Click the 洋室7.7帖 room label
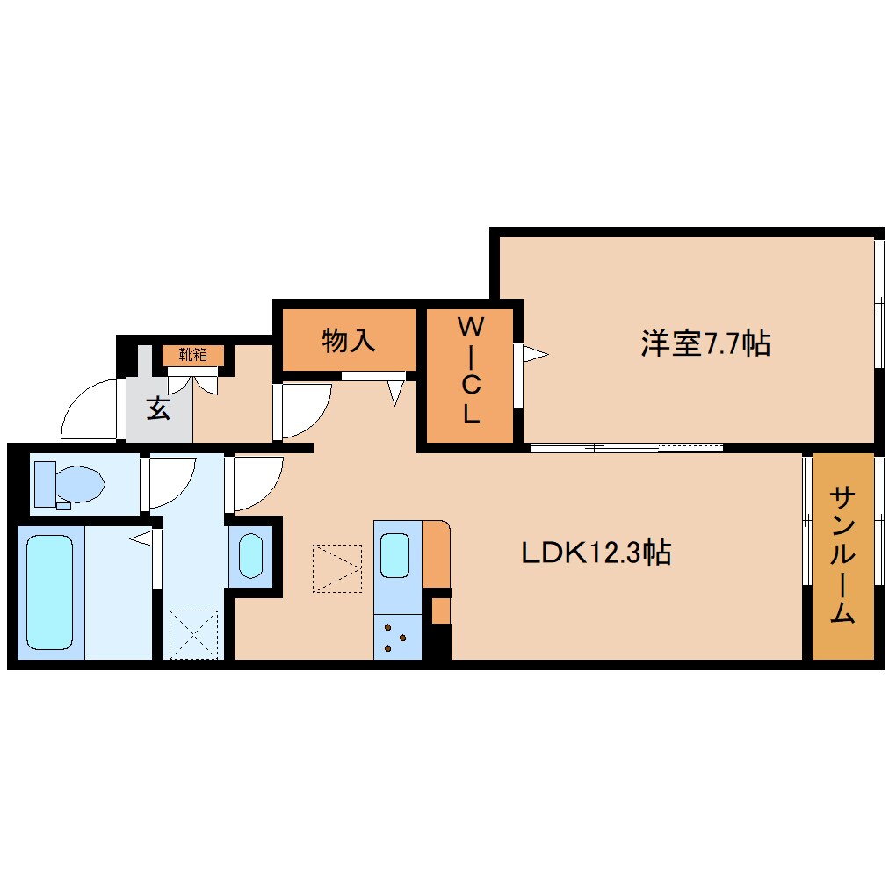(x=705, y=343)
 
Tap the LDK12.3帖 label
(x=596, y=553)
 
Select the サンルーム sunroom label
(x=842, y=555)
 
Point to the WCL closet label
(x=471, y=372)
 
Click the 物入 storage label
(x=349, y=340)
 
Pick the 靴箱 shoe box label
(x=193, y=356)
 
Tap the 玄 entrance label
(x=158, y=408)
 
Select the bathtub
(x=49, y=594)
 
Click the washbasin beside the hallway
(x=250, y=555)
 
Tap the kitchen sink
(x=394, y=555)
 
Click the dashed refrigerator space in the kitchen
(x=337, y=568)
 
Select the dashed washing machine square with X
(x=192, y=633)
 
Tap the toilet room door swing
(x=170, y=481)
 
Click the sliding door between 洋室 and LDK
(x=626, y=447)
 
